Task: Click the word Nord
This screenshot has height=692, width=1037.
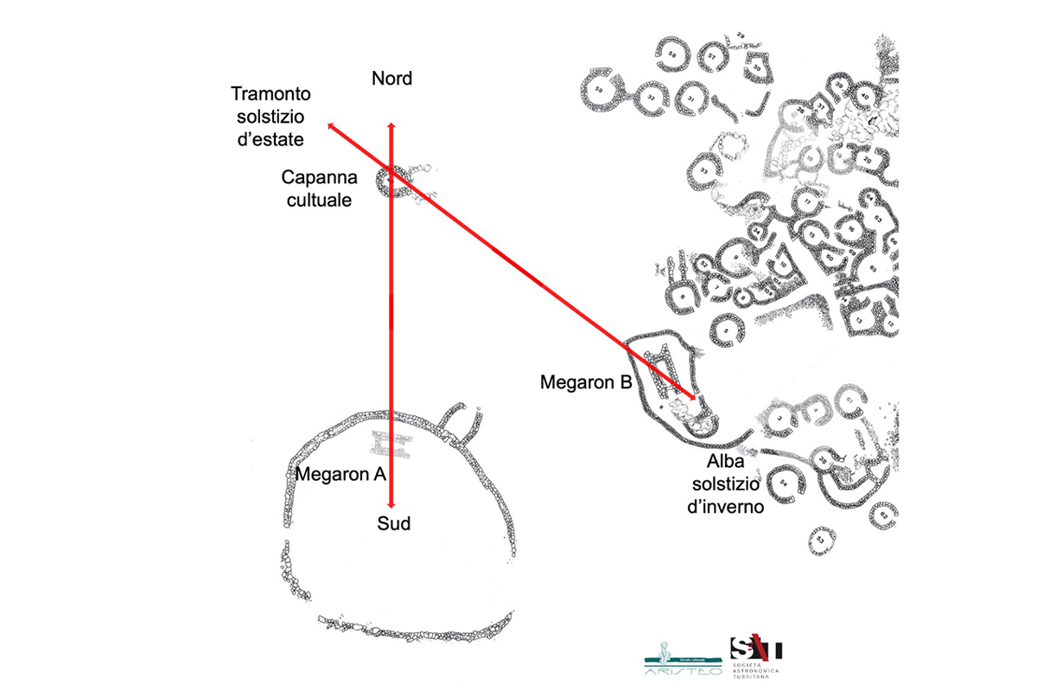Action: click(x=391, y=79)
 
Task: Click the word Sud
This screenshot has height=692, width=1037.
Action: click(x=393, y=522)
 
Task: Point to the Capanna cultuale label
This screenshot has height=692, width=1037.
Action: click(x=316, y=188)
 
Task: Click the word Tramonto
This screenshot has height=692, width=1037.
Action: click(x=270, y=93)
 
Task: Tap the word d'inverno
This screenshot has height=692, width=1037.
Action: click(x=724, y=507)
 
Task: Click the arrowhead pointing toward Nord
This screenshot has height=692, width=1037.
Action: click(x=391, y=126)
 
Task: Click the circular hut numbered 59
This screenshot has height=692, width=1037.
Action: click(x=598, y=90)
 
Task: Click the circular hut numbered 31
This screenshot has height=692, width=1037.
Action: click(x=691, y=99)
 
